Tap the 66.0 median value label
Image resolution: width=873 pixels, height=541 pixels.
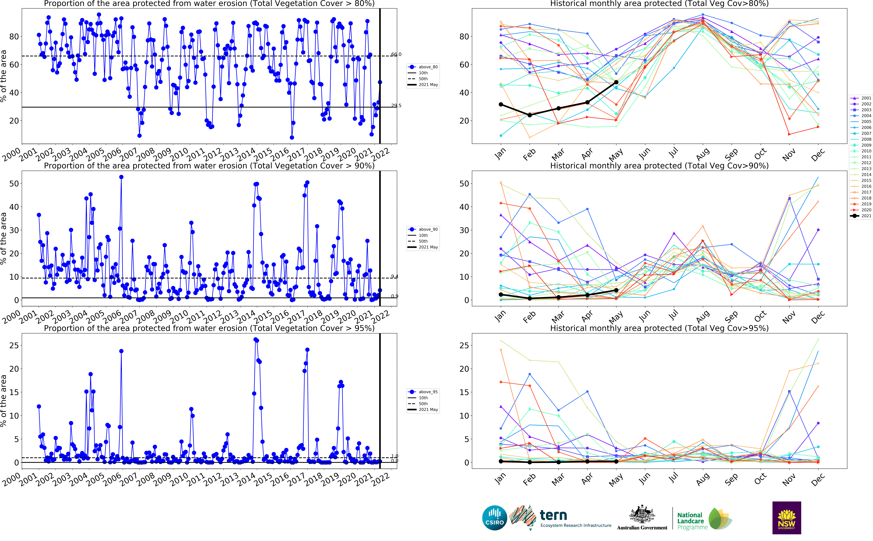[x=396, y=54]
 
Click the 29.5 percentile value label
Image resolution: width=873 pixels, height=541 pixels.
[x=396, y=106]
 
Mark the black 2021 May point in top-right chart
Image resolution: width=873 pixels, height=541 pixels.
[x=616, y=82]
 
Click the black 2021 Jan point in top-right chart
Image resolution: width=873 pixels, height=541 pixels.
[x=501, y=104]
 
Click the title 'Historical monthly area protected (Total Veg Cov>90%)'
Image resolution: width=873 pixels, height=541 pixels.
[x=659, y=166]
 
